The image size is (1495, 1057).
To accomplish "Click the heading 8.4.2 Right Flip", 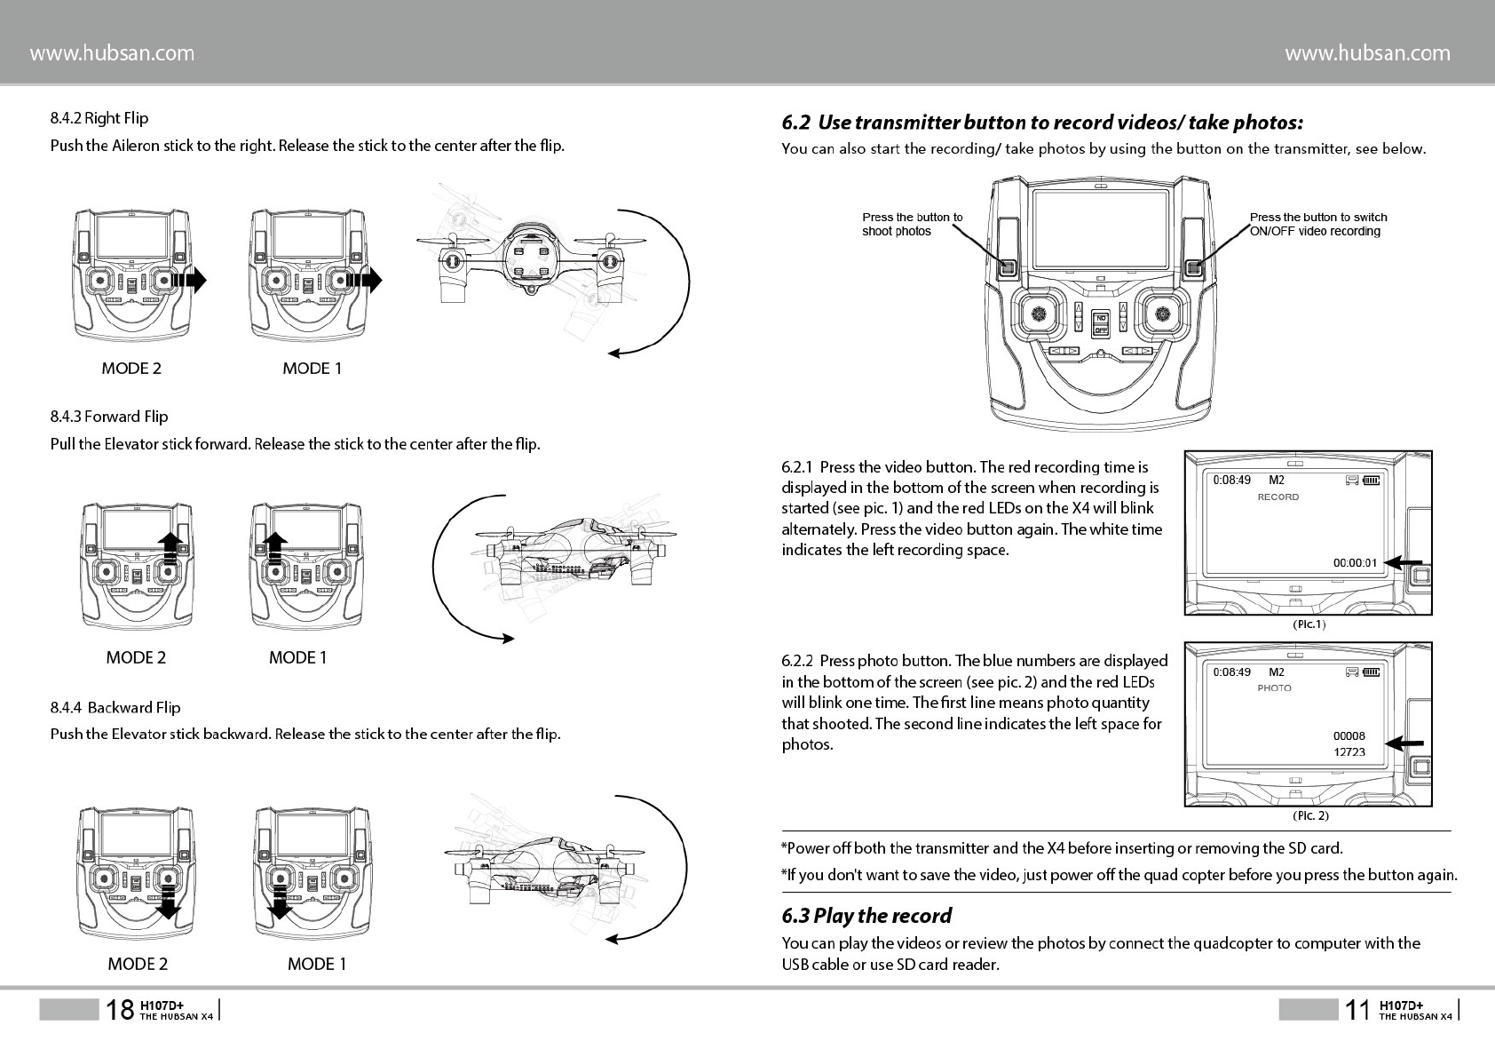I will pos(99,118).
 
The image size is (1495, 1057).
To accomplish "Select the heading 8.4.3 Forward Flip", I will pos(109,417).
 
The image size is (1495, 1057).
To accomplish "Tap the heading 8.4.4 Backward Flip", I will pos(115,708).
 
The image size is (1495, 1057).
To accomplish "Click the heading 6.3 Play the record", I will pos(866,916).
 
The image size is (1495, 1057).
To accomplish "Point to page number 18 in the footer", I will pos(120,1010).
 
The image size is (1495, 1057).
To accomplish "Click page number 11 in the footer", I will pos(1357,1010).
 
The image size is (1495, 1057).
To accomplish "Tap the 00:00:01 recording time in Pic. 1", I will pos(1355,562).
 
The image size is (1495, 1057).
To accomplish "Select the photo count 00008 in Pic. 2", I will pos(1349,735).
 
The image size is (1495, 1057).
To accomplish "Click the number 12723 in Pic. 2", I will pos(1349,752).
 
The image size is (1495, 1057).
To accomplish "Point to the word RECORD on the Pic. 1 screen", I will pos(1277,497).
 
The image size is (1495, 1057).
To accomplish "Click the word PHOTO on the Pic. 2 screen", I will pos(1274,688).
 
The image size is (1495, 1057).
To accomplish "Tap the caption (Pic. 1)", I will pos(1309,624).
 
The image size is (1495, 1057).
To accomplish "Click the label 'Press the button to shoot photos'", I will pos(912,224).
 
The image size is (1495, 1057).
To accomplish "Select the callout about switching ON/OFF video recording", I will pos(1317,224).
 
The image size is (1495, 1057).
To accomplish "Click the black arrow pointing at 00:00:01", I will pos(1404,562).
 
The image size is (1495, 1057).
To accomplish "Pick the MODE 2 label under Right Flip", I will pos(131,369).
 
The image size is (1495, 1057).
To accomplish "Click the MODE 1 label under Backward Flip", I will pos(317,964).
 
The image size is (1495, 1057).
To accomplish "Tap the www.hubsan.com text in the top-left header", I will pos(112,53).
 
